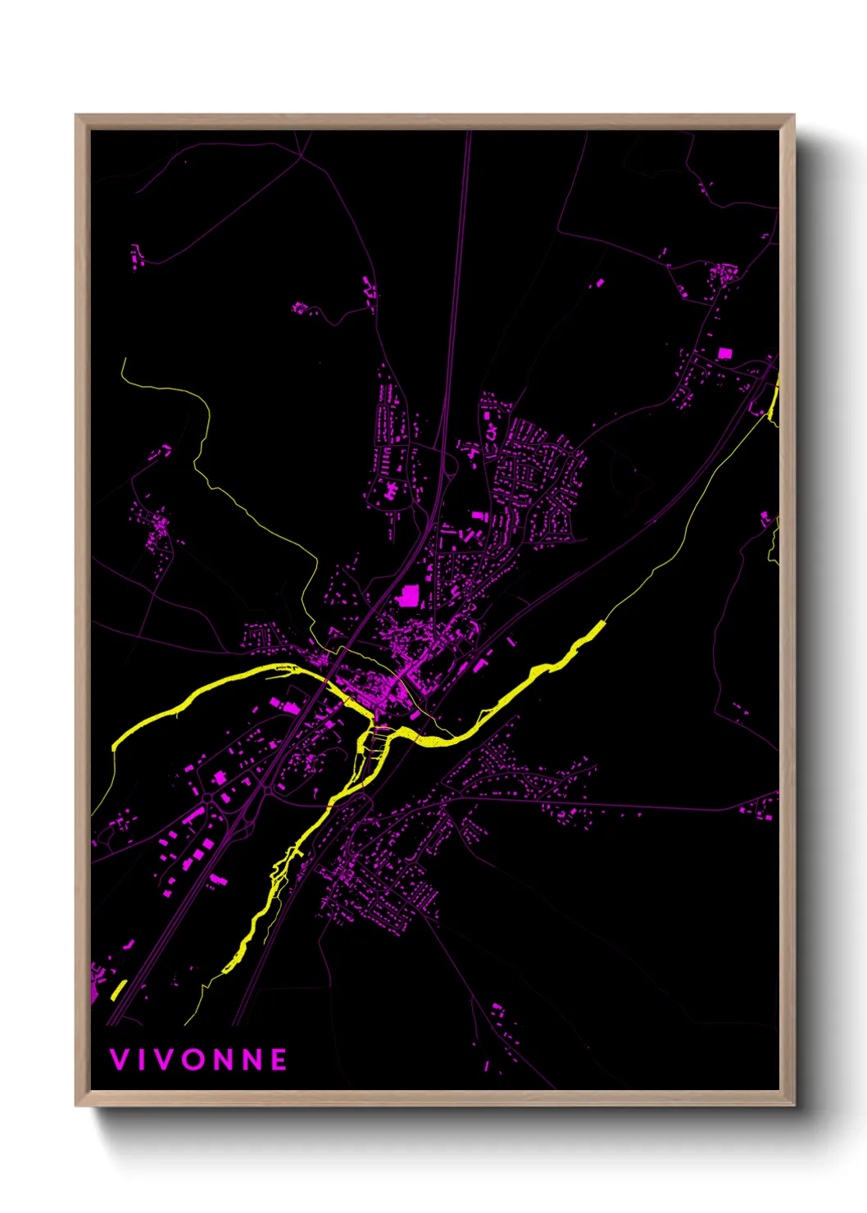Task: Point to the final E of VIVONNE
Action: (x=279, y=1060)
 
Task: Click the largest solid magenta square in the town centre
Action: (x=407, y=595)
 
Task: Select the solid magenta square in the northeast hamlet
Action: (x=724, y=353)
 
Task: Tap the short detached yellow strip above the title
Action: (x=118, y=990)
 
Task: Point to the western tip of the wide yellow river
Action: (x=114, y=747)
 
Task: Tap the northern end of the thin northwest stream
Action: (x=124, y=360)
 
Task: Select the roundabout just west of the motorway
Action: (x=207, y=797)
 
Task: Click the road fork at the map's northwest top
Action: (x=302, y=155)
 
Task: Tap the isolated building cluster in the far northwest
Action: (x=137, y=254)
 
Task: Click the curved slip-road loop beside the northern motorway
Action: (x=450, y=470)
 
